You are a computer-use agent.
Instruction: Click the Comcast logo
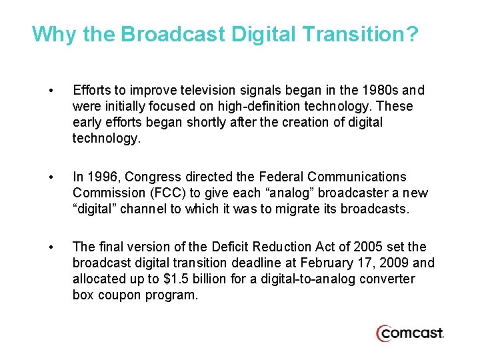tap(409, 333)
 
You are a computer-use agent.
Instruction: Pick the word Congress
tap(149, 177)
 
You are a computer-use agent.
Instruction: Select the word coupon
tap(117, 295)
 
